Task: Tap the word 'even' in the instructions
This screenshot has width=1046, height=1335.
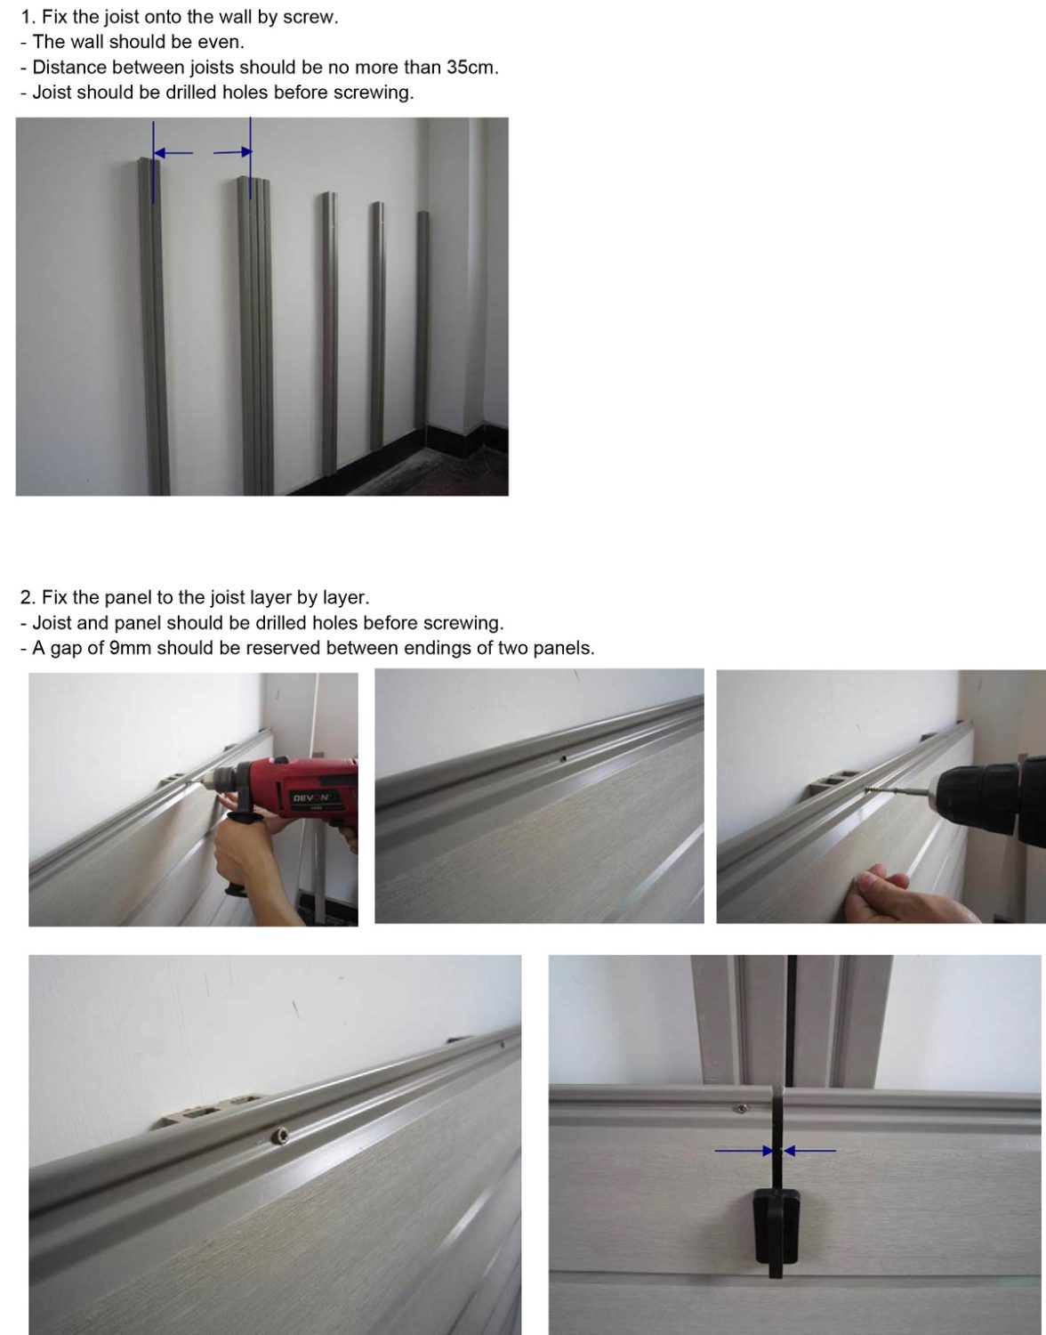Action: (x=222, y=42)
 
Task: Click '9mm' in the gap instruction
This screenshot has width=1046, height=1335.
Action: (x=130, y=649)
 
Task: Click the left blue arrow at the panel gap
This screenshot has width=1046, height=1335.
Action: (x=745, y=1151)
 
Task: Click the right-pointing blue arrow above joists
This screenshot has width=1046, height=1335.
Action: (x=233, y=153)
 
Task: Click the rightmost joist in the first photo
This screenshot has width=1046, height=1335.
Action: (x=423, y=329)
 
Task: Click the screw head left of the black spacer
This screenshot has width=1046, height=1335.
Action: (x=739, y=1109)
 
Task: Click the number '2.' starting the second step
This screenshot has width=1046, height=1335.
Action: (x=28, y=597)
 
